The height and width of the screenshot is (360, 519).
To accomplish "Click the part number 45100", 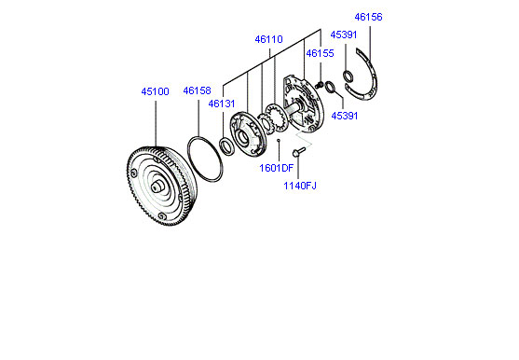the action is pyautogui.click(x=155, y=91).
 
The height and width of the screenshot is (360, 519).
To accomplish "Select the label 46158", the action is pyautogui.click(x=197, y=90).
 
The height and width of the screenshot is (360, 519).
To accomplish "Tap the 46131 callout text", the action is pyautogui.click(x=222, y=104).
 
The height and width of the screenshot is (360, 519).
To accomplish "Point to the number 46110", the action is pyautogui.click(x=268, y=39).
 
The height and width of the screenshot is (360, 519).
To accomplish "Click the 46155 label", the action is pyautogui.click(x=321, y=53).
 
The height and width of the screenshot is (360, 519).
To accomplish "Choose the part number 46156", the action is pyautogui.click(x=368, y=17).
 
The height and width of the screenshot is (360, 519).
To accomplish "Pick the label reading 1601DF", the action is pyautogui.click(x=277, y=168).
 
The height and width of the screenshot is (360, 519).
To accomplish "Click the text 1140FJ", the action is pyautogui.click(x=300, y=186).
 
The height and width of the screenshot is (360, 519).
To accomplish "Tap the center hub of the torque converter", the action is pyautogui.click(x=157, y=187).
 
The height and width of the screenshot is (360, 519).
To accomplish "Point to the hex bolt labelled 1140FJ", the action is pyautogui.click(x=298, y=152).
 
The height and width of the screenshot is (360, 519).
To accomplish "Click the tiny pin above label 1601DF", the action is pyautogui.click(x=279, y=141).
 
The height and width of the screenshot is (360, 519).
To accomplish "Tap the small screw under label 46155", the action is pyautogui.click(x=319, y=86).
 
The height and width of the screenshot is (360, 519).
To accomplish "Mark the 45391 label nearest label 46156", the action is pyautogui.click(x=344, y=35).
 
